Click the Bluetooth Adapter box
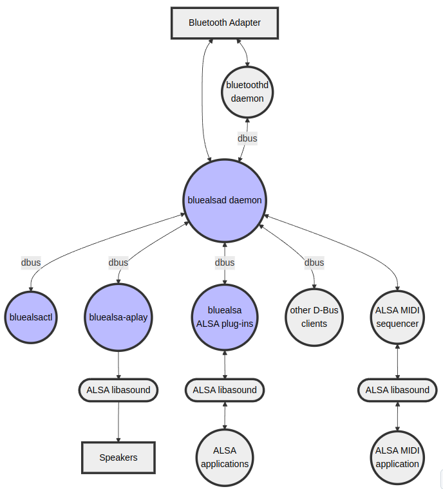225,23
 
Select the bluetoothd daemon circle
247,92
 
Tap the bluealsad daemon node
225,200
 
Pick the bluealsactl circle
31,317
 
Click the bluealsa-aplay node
118,317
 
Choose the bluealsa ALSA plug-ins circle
225,317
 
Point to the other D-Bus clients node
314,317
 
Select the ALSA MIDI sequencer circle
397,317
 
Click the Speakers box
118,457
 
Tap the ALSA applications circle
225,457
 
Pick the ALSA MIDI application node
397,457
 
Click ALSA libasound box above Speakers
118,390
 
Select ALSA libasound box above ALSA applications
225,390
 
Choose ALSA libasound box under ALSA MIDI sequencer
397,390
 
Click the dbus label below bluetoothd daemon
247,138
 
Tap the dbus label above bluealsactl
31,263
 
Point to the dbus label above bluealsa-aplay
118,263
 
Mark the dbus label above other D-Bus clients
314,263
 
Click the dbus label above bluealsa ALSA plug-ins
225,263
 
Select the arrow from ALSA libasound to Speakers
118,421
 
